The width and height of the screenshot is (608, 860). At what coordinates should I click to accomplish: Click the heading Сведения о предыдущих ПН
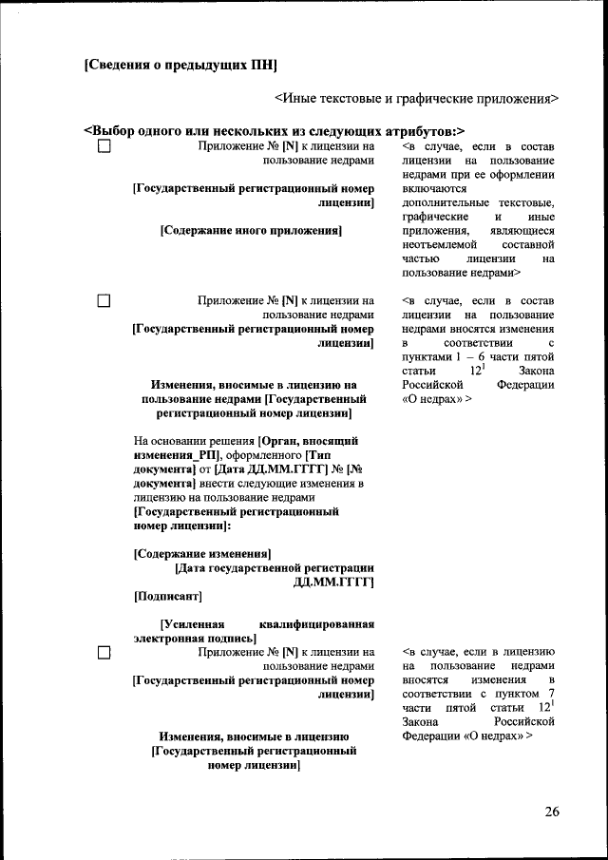tap(180, 66)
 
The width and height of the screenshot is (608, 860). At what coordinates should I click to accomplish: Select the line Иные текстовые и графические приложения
tap(416, 97)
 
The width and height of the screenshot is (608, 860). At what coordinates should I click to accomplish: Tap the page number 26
tap(552, 811)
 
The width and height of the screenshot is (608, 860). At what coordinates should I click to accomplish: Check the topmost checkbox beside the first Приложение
tap(104, 147)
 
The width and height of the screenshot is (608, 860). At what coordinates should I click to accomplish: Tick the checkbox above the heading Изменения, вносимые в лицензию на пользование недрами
tap(104, 301)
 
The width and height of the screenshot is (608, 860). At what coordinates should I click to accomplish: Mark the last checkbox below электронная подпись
tap(104, 652)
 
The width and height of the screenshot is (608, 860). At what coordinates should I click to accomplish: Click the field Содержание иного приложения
tap(251, 230)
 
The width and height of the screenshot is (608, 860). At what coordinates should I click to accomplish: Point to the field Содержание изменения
tap(202, 553)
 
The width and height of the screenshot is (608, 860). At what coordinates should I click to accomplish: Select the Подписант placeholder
tap(167, 596)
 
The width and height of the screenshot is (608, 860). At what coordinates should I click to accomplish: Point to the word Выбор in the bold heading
tap(113, 130)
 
